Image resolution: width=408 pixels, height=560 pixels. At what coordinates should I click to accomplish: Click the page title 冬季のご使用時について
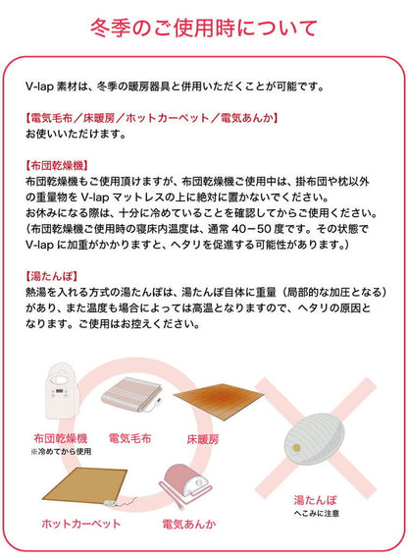(x=204, y=27)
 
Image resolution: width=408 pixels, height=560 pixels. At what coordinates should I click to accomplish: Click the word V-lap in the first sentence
(x=40, y=86)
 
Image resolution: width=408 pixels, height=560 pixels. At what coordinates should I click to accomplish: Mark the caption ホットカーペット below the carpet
(x=81, y=524)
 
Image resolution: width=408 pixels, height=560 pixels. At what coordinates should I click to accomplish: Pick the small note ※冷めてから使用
(x=60, y=451)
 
